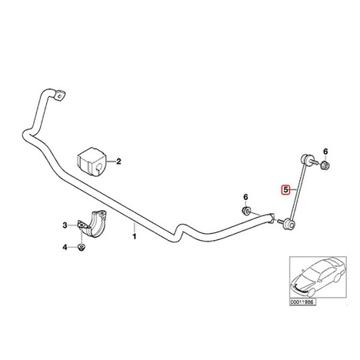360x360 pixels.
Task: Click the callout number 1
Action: click(x=134, y=236)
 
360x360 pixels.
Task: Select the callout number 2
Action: click(x=118, y=162)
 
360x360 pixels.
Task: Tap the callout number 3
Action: click(x=65, y=225)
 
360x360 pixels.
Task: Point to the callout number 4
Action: click(x=65, y=248)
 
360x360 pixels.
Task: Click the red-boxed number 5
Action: click(x=285, y=190)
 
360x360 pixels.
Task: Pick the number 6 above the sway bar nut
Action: click(x=245, y=197)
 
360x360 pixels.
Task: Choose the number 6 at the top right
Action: click(x=325, y=152)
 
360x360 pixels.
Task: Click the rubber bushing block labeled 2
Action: click(x=92, y=162)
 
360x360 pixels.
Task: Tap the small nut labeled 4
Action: click(x=82, y=248)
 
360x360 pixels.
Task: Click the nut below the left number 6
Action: click(x=246, y=211)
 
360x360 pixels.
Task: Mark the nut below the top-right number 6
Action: click(x=325, y=165)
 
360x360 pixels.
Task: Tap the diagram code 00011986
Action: click(x=302, y=302)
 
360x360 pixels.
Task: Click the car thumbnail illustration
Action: click(x=318, y=278)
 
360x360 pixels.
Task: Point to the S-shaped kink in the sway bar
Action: click(x=180, y=232)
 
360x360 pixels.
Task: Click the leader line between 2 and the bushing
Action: click(x=110, y=162)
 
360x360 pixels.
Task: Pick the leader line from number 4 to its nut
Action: click(x=73, y=248)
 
